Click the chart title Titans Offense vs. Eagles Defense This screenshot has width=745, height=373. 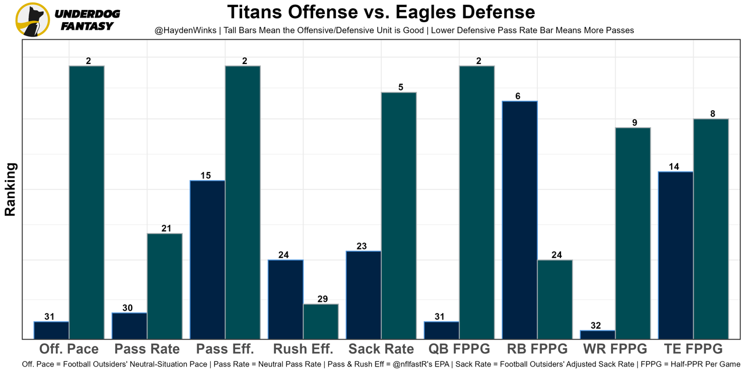(381, 12)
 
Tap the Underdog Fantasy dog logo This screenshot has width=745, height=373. (33, 19)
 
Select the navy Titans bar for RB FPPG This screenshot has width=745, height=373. (520, 220)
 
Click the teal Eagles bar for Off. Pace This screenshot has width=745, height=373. (87, 202)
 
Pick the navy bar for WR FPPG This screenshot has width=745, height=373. (598, 335)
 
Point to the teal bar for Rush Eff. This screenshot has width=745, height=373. (321, 321)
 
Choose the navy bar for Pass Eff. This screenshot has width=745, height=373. (208, 259)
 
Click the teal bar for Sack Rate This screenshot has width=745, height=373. (399, 216)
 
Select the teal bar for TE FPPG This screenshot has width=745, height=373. (711, 228)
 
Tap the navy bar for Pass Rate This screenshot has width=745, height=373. (130, 326)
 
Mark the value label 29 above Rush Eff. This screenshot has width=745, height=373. (322, 299)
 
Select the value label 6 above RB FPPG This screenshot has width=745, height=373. (517, 96)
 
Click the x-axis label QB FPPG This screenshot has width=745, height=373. (459, 349)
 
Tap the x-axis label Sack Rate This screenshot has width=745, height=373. (381, 349)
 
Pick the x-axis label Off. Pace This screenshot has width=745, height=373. (69, 349)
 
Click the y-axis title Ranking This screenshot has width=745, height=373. (10, 189)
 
